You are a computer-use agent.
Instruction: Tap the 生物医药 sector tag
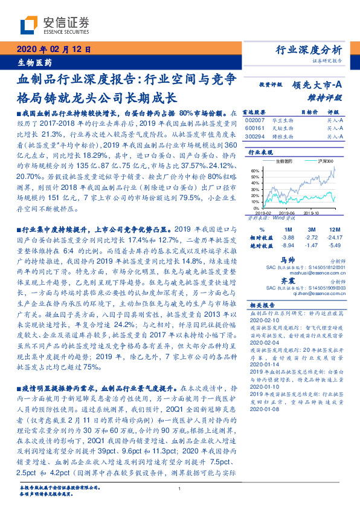pyautogui.click(x=33, y=62)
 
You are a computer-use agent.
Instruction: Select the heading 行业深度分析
pyautogui.click(x=309, y=50)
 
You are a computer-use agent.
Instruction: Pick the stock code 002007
pyautogui.click(x=255, y=121)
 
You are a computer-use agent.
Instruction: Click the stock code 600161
pyautogui.click(x=255, y=129)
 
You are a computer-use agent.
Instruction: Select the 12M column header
pyautogui.click(x=333, y=230)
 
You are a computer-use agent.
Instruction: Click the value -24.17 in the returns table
pyautogui.click(x=333, y=238)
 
